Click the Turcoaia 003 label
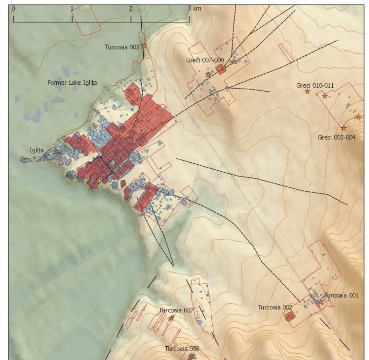(122, 47)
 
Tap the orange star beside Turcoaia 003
(145, 46)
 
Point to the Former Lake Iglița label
(72, 83)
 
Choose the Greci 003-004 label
(337, 137)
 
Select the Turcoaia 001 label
(341, 295)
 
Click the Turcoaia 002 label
(275, 307)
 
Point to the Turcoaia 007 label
(176, 310)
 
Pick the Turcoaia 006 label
(182, 349)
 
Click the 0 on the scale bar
(13, 9)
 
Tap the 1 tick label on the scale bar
(72, 9)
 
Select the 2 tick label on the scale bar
(131, 9)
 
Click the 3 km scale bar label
(195, 9)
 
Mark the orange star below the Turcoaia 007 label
(171, 318)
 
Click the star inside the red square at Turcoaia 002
(290, 317)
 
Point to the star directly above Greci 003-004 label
(344, 128)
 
